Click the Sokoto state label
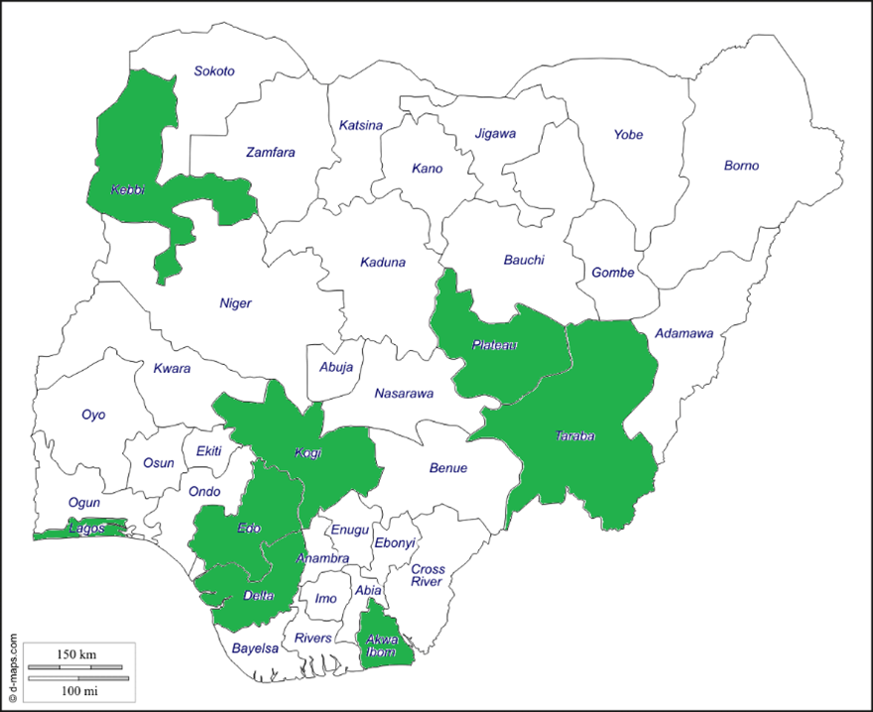(214, 71)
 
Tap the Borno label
(741, 166)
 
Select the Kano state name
(427, 169)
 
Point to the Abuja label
(336, 367)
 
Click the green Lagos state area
(84, 529)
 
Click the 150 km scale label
(75, 655)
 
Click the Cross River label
(428, 575)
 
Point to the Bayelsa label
(256, 648)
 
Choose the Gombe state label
(612, 273)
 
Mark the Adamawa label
(684, 334)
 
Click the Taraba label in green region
(574, 435)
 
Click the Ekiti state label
(209, 451)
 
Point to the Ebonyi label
(395, 543)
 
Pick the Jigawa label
(495, 133)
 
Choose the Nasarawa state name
(404, 394)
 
